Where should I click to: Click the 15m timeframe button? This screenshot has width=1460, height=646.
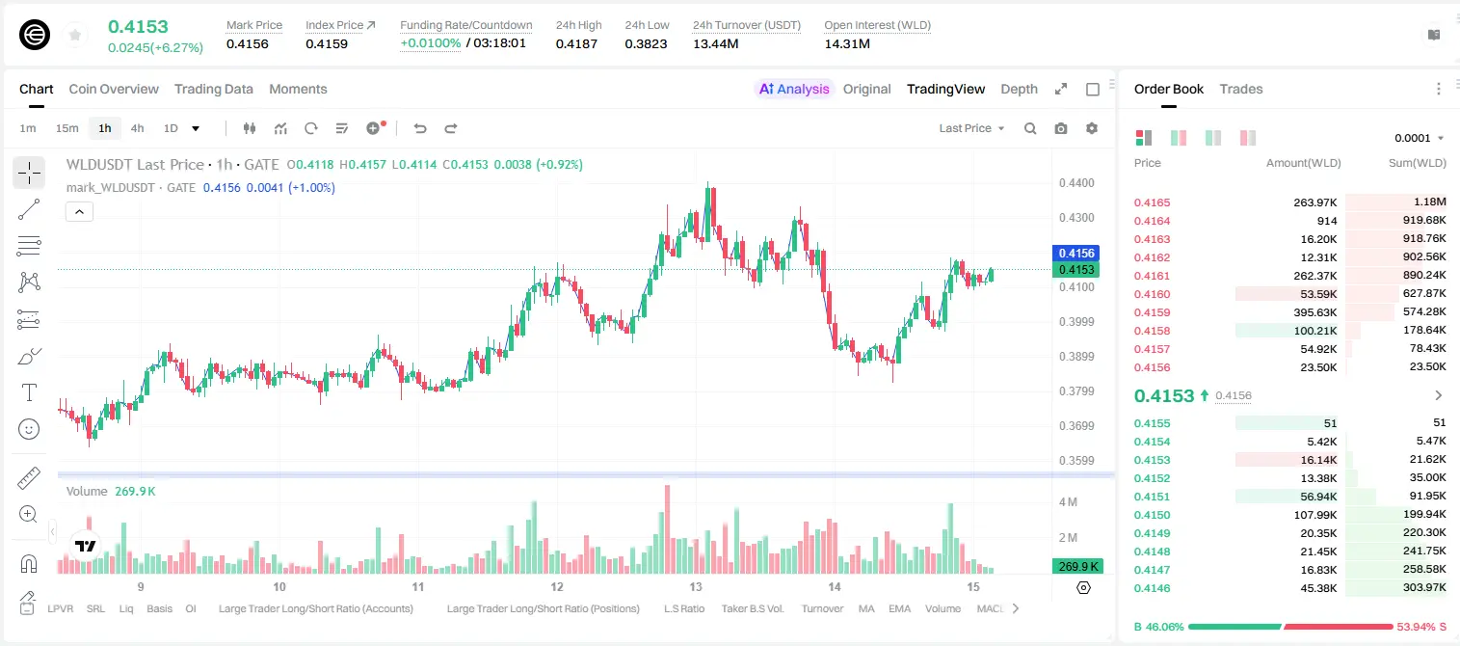pyautogui.click(x=67, y=128)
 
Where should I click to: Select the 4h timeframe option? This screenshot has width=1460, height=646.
pyautogui.click(x=137, y=128)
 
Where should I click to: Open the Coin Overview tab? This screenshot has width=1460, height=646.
pyautogui.click(x=114, y=89)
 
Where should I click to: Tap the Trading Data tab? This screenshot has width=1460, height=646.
pyautogui.click(x=213, y=89)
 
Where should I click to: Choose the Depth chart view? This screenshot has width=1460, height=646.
pyautogui.click(x=1019, y=89)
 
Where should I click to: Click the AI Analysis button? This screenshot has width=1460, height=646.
pyautogui.click(x=794, y=89)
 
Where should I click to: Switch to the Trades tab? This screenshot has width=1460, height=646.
pyautogui.click(x=1241, y=89)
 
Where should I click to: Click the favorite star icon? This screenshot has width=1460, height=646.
pyautogui.click(x=75, y=35)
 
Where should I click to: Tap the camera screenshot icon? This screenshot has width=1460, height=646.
pyautogui.click(x=1061, y=128)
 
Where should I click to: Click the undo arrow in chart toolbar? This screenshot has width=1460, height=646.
pyautogui.click(x=420, y=128)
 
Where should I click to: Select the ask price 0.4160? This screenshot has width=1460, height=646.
pyautogui.click(x=1152, y=294)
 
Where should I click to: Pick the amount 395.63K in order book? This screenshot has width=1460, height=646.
pyautogui.click(x=1314, y=312)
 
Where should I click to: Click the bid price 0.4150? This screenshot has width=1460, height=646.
pyautogui.click(x=1152, y=515)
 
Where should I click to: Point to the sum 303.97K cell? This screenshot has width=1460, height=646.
pyautogui.click(x=1424, y=587)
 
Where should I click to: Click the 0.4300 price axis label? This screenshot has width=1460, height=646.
pyautogui.click(x=1076, y=218)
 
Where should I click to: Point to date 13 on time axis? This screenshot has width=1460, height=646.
pyautogui.click(x=696, y=586)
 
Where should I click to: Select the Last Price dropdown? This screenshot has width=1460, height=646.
pyautogui.click(x=971, y=128)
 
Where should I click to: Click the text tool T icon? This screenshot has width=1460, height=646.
pyautogui.click(x=29, y=392)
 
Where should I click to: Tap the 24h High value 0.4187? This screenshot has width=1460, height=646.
pyautogui.click(x=576, y=43)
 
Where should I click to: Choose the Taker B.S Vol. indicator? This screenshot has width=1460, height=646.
pyautogui.click(x=752, y=608)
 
